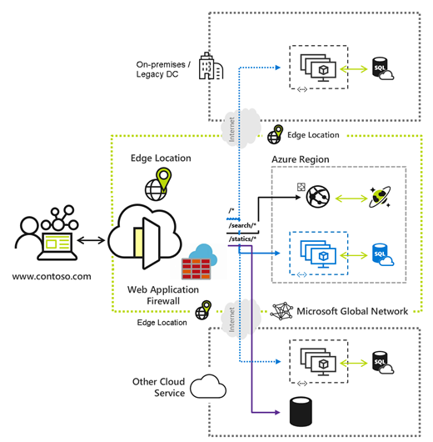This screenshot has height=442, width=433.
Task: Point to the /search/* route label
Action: [x=242, y=227]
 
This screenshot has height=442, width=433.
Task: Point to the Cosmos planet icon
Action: [x=381, y=198]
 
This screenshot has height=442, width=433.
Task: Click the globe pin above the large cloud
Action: [x=160, y=183]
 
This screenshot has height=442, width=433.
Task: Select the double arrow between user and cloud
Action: [x=92, y=242]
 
